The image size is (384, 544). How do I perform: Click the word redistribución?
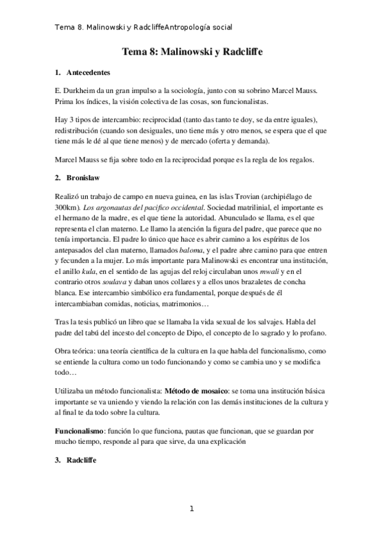click(79, 132)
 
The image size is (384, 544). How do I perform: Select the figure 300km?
click(67, 207)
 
